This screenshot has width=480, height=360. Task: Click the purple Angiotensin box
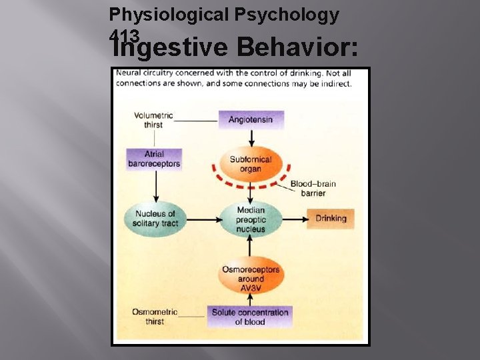[x=251, y=120]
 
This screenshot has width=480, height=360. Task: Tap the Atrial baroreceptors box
[x=154, y=159]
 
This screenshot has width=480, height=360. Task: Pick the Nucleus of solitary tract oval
[x=154, y=219]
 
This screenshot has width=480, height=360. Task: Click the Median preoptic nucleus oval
[x=251, y=219]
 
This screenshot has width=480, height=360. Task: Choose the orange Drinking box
[x=331, y=219]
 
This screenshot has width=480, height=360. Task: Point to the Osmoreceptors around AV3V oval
[x=251, y=275]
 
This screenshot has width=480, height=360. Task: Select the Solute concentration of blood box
[x=250, y=317]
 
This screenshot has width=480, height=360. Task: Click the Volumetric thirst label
[x=153, y=120]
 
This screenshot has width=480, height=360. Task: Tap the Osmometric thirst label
[x=154, y=317]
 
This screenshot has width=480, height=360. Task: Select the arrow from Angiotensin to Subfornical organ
[x=251, y=138]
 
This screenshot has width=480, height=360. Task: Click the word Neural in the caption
[x=129, y=73]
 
